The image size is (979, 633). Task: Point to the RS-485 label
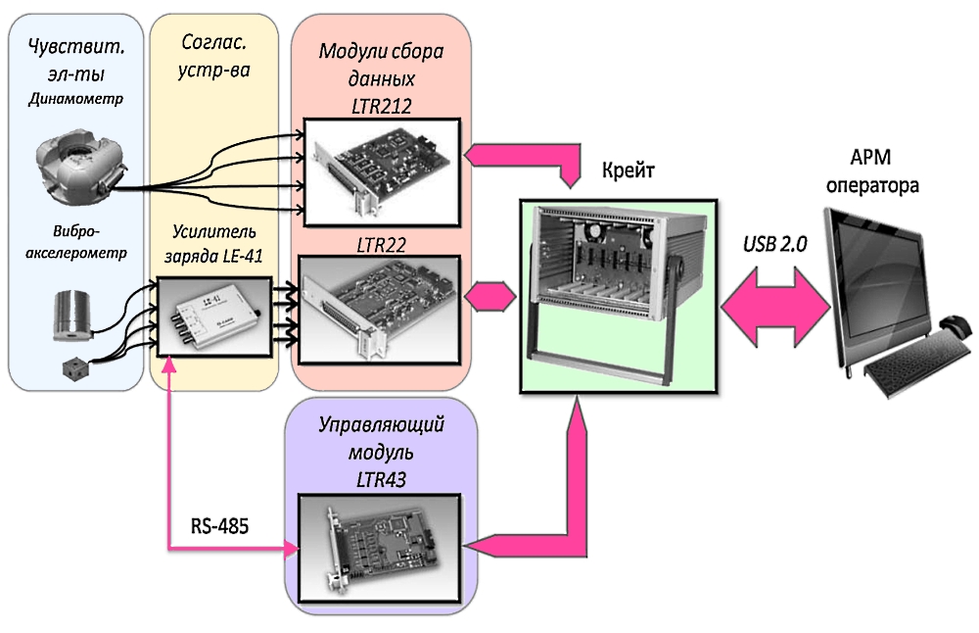[x=220, y=525]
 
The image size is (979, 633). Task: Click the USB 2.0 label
[x=772, y=246]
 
